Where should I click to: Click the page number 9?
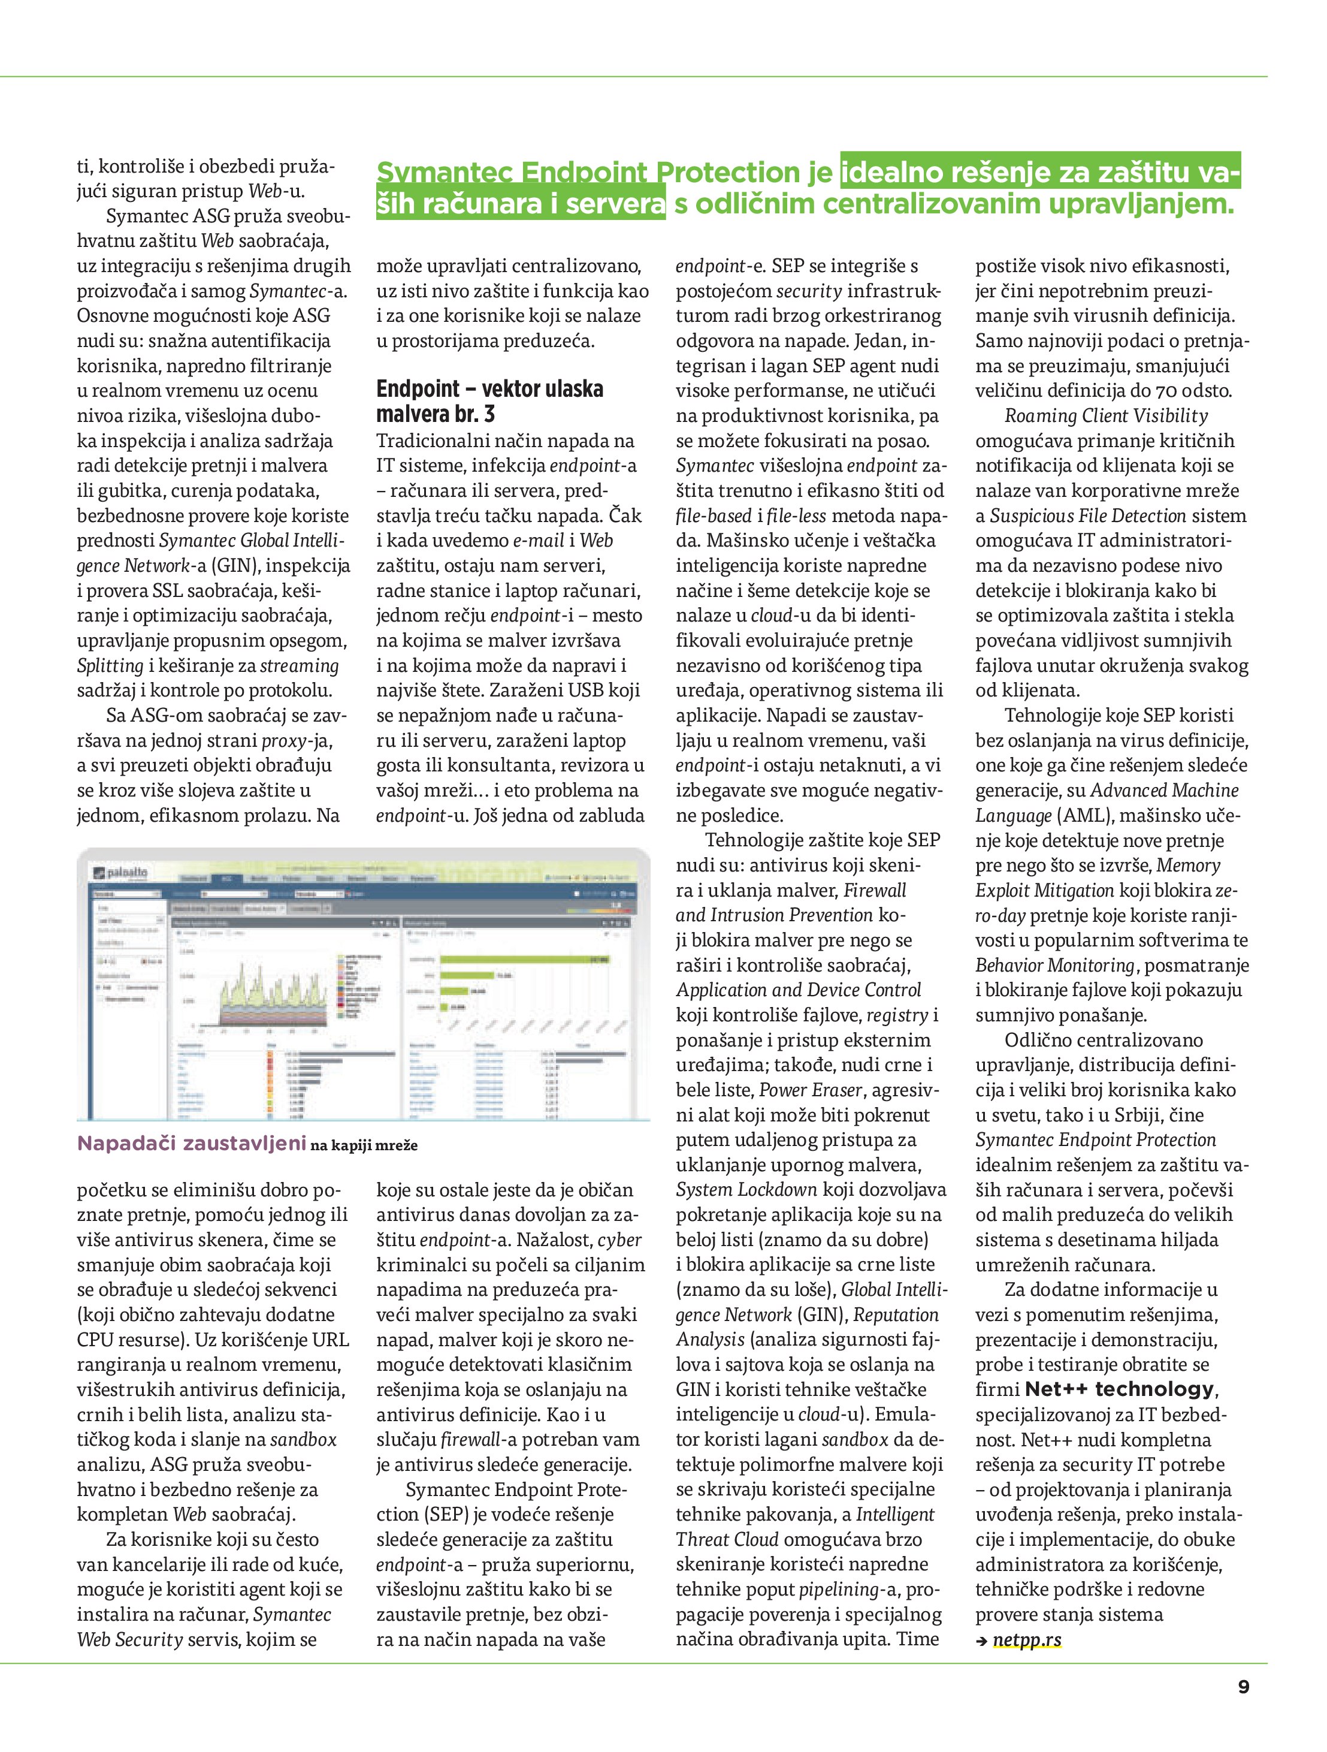pyautogui.click(x=1243, y=1686)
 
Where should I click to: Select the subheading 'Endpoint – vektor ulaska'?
pyautogui.click(x=489, y=389)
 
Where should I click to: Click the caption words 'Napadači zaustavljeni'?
pyautogui.click(x=192, y=1143)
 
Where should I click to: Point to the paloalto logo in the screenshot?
pyautogui.click(x=121, y=873)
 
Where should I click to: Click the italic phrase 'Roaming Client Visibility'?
pyautogui.click(x=1106, y=416)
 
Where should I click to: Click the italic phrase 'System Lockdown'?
pyautogui.click(x=746, y=1190)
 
